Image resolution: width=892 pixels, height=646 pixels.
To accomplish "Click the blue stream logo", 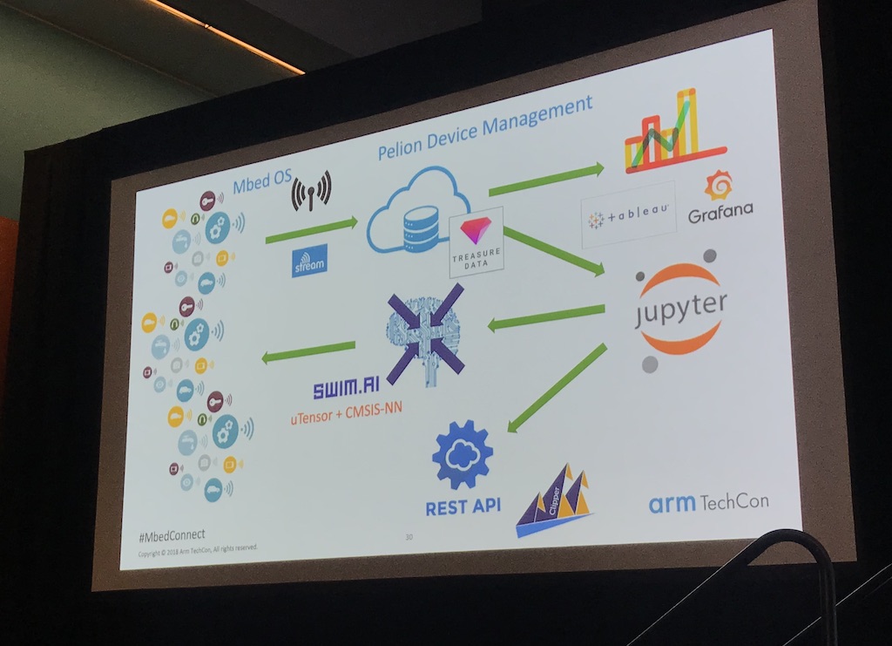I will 310,261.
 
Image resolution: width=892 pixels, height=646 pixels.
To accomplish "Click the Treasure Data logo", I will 476,241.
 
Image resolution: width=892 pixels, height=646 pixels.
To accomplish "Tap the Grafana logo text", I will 720,211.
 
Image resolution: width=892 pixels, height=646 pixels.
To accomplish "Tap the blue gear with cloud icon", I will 462,454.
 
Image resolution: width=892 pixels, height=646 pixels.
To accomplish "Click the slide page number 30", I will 409,537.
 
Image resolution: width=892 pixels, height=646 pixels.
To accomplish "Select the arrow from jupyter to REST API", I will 557,388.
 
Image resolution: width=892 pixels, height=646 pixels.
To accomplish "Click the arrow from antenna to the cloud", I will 311,230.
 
